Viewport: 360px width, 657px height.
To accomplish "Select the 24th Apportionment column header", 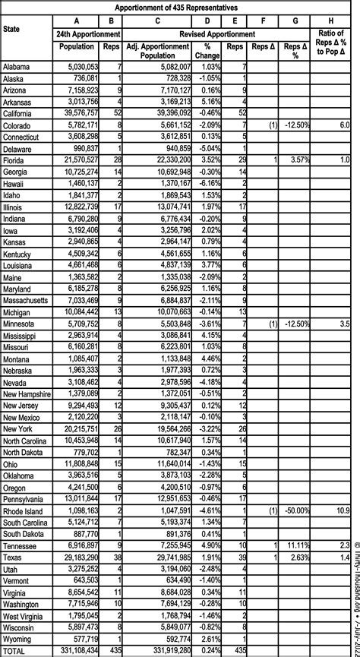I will pos(89,34).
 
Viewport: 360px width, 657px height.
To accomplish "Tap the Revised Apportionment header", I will pos(217,34).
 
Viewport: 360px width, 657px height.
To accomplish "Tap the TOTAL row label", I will pos(17,651).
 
